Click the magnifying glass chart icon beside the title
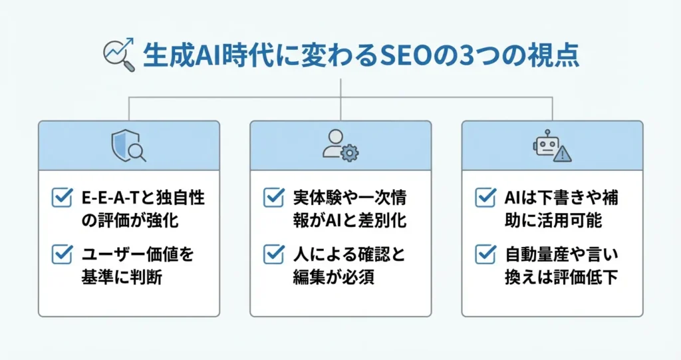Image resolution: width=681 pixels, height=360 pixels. click(x=118, y=55)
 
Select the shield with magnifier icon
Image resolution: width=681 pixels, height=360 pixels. click(x=128, y=146)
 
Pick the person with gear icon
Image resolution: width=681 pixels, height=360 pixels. click(x=340, y=146)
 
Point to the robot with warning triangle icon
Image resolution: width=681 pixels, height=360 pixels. click(x=552, y=146)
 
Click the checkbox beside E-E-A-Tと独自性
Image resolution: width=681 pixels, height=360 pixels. click(x=62, y=198)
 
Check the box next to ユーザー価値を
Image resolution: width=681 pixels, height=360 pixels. click(x=62, y=254)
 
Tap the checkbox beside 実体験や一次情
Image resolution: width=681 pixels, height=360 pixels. click(x=274, y=198)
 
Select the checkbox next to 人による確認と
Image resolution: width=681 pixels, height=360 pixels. click(x=274, y=254)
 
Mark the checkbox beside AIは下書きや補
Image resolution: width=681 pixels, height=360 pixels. click(x=485, y=198)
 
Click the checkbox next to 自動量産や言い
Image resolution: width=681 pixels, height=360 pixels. click(x=485, y=254)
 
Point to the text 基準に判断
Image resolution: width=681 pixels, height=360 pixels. click(x=122, y=277)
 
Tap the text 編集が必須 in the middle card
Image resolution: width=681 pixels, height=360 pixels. click(x=334, y=277)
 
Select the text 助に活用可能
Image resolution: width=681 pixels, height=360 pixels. click(x=553, y=220)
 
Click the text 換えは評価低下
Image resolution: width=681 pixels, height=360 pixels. click(x=561, y=277)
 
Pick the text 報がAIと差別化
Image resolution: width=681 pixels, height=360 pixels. click(x=350, y=220)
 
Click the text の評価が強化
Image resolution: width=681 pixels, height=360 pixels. click(x=130, y=220)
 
